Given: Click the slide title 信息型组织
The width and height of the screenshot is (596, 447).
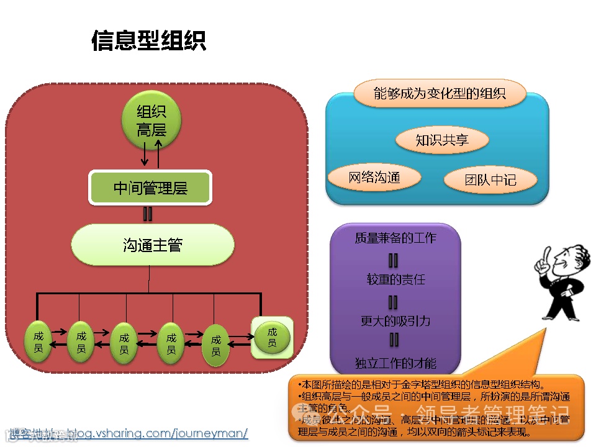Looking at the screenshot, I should (x=148, y=41).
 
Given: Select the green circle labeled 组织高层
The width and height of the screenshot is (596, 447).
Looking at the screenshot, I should (x=151, y=120).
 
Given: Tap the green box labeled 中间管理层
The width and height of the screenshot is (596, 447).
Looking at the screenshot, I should (x=150, y=188).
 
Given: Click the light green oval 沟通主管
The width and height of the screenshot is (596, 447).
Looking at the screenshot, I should (x=153, y=245).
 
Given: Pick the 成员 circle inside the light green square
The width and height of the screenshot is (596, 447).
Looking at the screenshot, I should (x=272, y=338).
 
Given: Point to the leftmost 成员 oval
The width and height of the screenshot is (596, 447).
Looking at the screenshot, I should (x=38, y=342).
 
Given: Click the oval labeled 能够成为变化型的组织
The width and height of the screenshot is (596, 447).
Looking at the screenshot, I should (x=440, y=94).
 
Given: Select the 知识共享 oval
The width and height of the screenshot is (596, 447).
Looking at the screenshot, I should (x=441, y=140).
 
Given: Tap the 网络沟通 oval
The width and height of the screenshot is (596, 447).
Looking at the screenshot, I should (x=374, y=178).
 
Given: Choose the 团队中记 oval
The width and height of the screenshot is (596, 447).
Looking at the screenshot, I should (x=490, y=180).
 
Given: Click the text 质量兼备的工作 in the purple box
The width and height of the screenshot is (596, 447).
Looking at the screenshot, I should (x=395, y=238).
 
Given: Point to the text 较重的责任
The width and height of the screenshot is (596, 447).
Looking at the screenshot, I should (x=395, y=279).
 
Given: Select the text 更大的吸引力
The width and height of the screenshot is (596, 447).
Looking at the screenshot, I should (x=395, y=321).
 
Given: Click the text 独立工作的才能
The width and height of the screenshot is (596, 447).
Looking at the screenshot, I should (x=395, y=363).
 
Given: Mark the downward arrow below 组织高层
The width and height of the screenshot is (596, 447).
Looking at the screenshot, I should (x=145, y=153).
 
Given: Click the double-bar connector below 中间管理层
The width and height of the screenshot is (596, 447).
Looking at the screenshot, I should (x=148, y=214).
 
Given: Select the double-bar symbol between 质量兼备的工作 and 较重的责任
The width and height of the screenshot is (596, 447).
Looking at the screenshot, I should (x=393, y=260).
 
